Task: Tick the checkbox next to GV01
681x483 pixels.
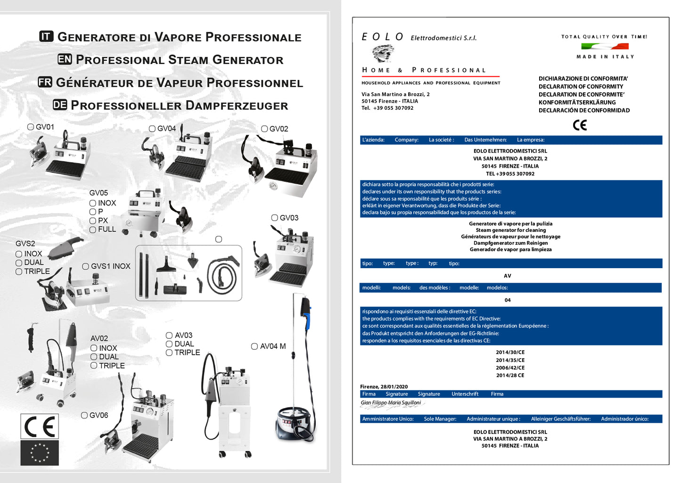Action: (31, 127)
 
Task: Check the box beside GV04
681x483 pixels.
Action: (152, 129)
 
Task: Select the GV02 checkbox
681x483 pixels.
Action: (264, 129)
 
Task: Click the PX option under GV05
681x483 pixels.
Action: (93, 221)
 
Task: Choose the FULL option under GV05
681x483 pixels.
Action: (93, 229)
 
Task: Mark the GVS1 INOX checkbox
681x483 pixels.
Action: (86, 266)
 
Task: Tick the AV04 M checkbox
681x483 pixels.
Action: (254, 346)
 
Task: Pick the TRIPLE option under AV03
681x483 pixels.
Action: (169, 352)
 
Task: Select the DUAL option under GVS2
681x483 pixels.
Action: (19, 262)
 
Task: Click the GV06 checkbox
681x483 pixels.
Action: (84, 415)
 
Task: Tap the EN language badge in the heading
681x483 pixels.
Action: (65, 59)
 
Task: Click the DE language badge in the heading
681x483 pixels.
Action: (60, 105)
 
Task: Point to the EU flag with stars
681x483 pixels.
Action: (40, 453)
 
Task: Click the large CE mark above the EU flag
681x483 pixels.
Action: (40, 426)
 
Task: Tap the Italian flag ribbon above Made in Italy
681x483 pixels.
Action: (605, 46)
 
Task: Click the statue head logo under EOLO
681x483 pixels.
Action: (383, 53)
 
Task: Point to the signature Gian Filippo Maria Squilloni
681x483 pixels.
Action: (391, 403)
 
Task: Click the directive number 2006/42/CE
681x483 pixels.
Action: (510, 368)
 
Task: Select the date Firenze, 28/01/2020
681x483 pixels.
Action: (384, 386)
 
